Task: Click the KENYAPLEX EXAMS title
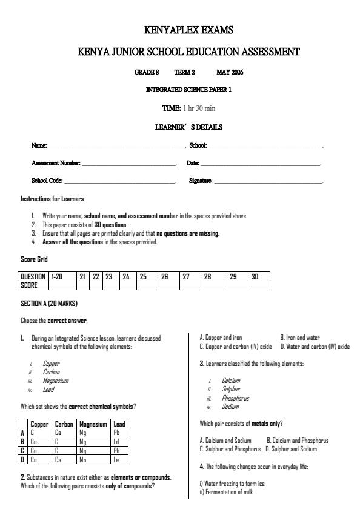click(188, 30)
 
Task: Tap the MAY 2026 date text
click(230, 72)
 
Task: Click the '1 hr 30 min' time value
click(199, 108)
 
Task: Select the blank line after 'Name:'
click(116, 146)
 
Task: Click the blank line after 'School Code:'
click(119, 181)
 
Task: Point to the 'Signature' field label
click(200, 181)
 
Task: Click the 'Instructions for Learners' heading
click(52, 199)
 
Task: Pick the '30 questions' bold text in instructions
click(110, 225)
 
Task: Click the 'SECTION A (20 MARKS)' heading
click(49, 303)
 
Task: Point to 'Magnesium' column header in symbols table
click(93, 424)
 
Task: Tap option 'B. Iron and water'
click(299, 338)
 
